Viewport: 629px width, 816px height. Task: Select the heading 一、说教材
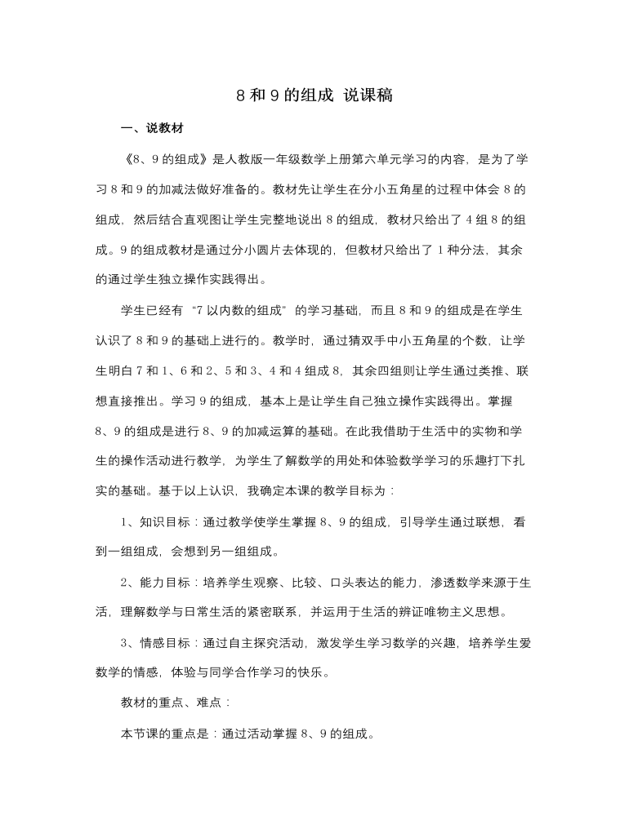pos(151,128)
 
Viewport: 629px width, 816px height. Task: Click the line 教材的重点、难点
pos(174,703)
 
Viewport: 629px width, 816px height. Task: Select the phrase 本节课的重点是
pos(167,733)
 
